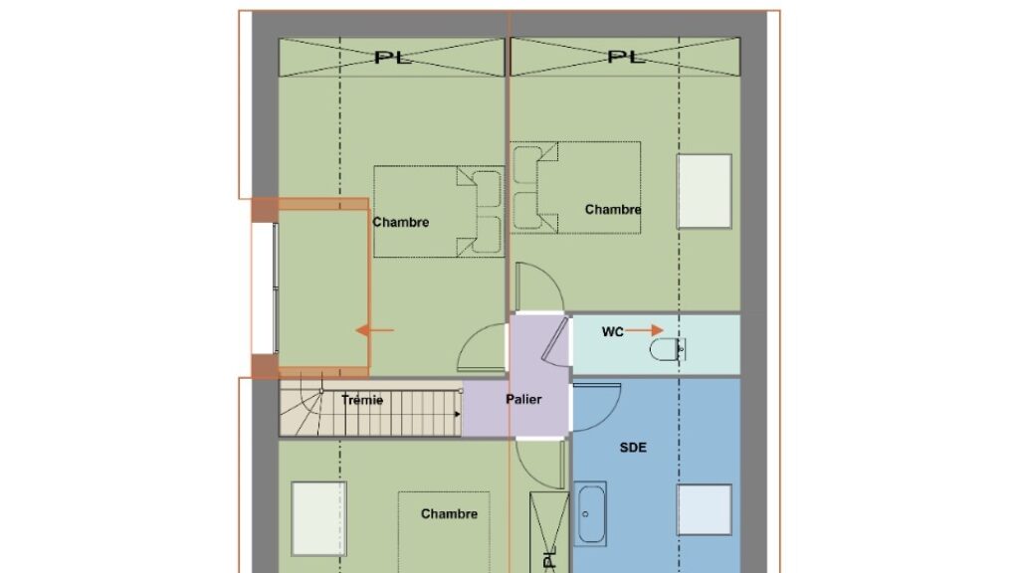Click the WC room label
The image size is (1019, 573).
point(612,332)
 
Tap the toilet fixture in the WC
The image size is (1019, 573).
point(667,349)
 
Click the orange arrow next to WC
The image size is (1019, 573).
point(645,330)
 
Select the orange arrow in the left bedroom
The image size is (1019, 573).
point(375,330)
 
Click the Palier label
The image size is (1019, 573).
point(523,399)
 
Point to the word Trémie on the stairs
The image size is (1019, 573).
point(362,400)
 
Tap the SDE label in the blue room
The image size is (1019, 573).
point(632,448)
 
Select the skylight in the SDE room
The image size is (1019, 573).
point(705,510)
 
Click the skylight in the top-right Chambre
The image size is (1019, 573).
point(705,192)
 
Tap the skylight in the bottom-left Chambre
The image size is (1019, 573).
point(318,518)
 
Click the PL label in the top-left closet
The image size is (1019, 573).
point(393,58)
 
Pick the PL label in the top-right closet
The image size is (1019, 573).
point(626,57)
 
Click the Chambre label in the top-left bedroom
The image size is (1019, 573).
point(401,222)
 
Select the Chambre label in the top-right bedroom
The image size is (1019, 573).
point(613,209)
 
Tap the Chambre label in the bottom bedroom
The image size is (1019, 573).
point(449,514)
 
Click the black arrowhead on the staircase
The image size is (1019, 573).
point(458,414)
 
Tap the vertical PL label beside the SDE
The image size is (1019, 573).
point(549,560)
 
